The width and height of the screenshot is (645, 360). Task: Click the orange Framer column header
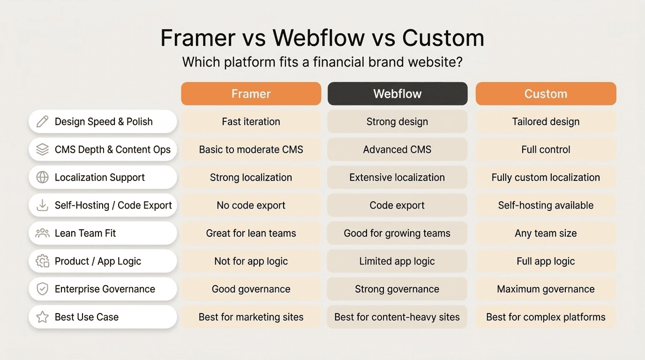[251, 94]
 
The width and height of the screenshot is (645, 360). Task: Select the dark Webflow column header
[397, 94]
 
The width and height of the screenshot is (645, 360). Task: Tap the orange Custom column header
[546, 94]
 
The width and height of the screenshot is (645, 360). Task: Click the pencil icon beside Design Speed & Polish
[42, 122]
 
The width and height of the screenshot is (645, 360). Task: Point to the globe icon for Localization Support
[42, 178]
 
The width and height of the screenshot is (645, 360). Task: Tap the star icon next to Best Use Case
[42, 317]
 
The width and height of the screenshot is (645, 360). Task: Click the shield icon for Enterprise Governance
[42, 289]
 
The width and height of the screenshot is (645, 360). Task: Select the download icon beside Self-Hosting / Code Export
[42, 205]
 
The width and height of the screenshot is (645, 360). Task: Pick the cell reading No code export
[251, 205]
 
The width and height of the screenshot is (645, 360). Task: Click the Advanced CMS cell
[397, 150]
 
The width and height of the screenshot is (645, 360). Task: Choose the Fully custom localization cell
[546, 178]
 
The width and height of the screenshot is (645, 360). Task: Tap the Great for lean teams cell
[251, 233]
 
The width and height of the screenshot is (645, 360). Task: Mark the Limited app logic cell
[397, 261]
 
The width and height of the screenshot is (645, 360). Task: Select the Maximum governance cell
[546, 289]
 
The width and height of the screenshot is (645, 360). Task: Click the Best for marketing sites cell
[251, 317]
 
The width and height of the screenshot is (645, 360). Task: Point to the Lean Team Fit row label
[85, 233]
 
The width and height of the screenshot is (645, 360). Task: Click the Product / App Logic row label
[97, 261]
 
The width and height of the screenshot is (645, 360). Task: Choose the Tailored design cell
[546, 122]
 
